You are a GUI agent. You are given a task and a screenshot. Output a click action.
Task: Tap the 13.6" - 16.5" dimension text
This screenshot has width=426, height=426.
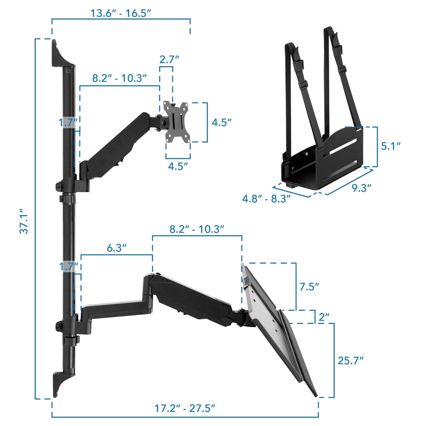pos(121,13)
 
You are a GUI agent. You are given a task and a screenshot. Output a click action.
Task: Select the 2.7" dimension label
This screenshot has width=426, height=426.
pos(169,59)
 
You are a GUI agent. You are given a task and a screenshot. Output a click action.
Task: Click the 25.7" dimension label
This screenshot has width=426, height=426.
pos(350,361)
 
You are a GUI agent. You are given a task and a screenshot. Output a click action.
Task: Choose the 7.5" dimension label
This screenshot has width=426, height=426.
pos(309,287)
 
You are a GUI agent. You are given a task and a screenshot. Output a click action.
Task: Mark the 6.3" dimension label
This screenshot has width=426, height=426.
pos(116,248)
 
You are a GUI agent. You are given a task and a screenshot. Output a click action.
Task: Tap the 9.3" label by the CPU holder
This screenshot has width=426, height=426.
pos(361,188)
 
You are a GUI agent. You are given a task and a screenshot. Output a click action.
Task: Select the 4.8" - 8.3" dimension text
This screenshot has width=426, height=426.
pos(266,199)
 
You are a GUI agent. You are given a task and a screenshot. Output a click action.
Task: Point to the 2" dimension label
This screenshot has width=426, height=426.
pos(324,317)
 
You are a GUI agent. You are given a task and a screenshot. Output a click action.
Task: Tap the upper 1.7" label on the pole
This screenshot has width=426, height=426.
pos(68,123)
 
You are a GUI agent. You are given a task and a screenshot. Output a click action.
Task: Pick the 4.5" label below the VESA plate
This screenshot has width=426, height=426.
pos(178,166)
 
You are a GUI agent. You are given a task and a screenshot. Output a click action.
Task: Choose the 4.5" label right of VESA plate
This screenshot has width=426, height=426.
pos(221,122)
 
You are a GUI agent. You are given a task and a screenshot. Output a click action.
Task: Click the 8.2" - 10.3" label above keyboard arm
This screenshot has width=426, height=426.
pos(197,229)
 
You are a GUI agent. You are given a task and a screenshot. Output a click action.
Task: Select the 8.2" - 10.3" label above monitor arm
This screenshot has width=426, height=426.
pos(120,79)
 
